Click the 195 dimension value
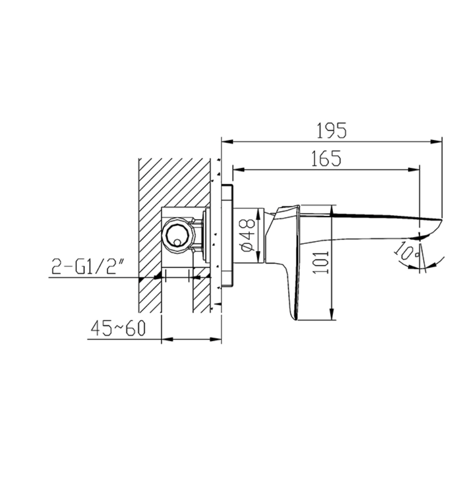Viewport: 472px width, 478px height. (331, 131)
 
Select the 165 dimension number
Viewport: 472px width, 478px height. (326, 158)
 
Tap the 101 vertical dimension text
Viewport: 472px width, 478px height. (322, 262)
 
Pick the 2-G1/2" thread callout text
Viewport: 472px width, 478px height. (84, 266)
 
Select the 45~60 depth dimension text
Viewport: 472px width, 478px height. (118, 328)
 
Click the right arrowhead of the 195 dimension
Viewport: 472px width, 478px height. (436, 142)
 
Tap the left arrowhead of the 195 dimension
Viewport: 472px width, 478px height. (227, 142)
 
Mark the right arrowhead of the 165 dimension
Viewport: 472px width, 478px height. (414, 170)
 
